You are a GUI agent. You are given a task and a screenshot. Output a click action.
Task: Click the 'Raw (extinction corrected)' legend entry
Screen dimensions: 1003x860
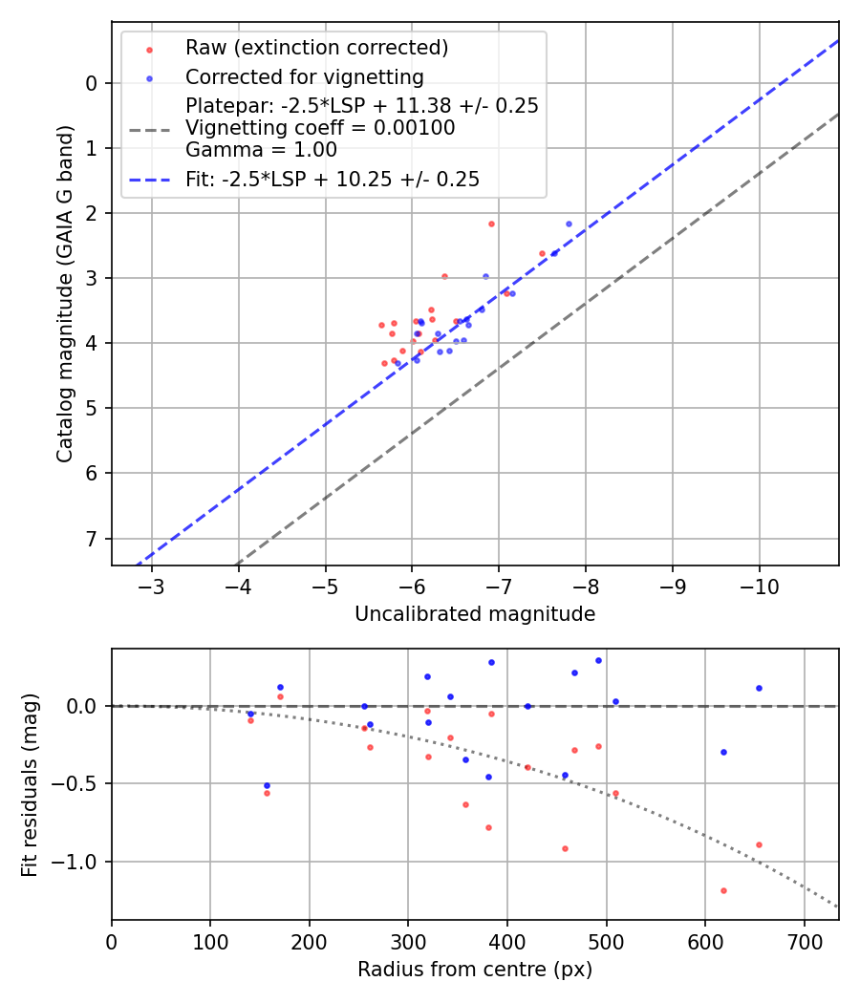316,48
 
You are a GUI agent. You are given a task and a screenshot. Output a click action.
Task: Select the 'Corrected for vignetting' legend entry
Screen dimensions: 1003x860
304,76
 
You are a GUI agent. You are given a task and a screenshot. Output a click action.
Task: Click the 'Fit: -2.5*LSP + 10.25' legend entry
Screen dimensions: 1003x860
332,179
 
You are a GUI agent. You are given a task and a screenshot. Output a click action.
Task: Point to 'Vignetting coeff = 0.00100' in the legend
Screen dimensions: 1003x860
320,128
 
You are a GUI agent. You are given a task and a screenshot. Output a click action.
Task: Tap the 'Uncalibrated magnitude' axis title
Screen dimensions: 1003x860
475,614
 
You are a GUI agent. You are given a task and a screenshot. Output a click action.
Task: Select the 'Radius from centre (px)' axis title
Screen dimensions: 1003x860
475,970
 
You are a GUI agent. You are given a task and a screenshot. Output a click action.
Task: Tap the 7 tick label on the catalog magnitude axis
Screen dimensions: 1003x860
92,539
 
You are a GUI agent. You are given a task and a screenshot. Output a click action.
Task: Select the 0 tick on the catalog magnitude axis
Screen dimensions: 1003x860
92,83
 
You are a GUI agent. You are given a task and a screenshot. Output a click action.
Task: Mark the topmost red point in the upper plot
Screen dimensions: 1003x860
491,224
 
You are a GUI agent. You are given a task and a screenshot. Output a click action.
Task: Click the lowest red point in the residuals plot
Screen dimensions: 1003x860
723,890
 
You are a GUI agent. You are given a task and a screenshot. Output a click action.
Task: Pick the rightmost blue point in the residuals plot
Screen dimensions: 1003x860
759,688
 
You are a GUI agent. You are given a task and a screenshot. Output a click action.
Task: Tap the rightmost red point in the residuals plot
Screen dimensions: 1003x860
759,844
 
